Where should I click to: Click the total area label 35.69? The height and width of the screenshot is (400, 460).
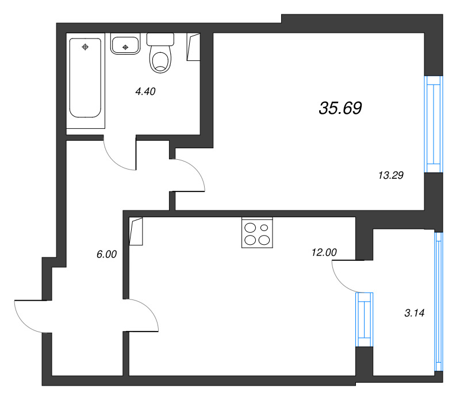click(340, 108)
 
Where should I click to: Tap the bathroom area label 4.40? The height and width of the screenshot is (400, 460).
click(145, 91)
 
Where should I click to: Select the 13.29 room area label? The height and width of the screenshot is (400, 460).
click(391, 175)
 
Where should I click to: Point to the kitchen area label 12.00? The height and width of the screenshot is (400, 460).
click(324, 252)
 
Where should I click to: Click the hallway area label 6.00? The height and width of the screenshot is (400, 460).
click(106, 254)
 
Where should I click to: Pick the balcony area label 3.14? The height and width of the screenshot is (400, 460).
click(414, 313)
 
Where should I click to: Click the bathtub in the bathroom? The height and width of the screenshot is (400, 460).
click(85, 79)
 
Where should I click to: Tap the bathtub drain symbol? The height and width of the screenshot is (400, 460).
click(85, 47)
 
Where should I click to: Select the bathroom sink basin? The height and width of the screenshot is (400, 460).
click(125, 44)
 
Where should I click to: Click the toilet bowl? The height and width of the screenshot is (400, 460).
click(160, 60)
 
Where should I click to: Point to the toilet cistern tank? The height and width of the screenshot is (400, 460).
click(160, 39)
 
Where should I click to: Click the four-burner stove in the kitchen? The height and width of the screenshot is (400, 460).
click(257, 233)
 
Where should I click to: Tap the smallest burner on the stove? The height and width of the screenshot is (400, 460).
click(264, 228)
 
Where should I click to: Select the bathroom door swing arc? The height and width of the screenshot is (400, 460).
click(117, 160)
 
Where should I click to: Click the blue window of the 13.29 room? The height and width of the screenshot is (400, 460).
click(434, 124)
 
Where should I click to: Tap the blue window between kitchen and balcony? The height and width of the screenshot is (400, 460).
click(365, 320)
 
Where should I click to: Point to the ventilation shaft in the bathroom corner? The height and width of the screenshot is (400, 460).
click(194, 47)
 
